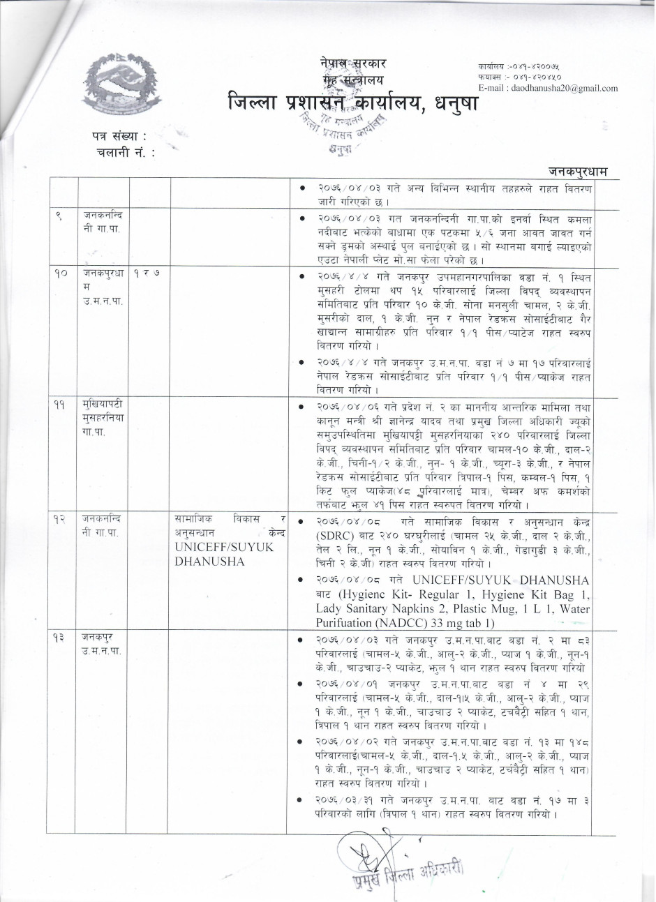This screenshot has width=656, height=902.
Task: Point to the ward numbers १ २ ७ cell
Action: [x=147, y=276]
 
